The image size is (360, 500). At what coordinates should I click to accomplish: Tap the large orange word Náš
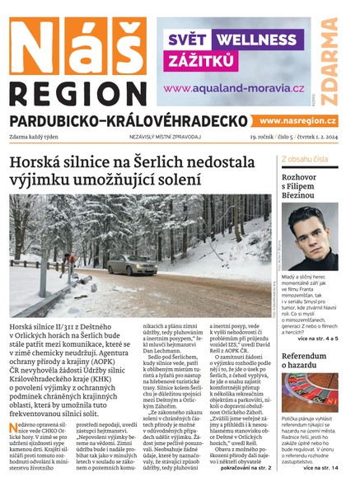point(77,43)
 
